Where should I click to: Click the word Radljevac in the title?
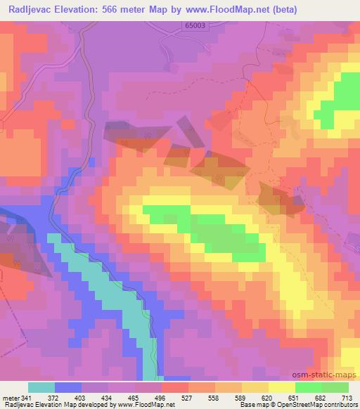(31, 10)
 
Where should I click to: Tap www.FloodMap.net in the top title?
(218, 10)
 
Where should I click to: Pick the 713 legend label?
(348, 398)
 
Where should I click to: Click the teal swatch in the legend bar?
(41, 387)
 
